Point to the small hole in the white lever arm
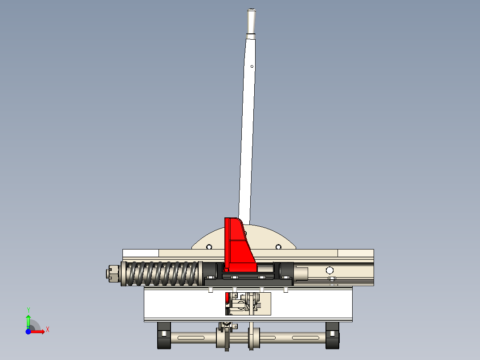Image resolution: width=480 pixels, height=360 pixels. click(252, 66)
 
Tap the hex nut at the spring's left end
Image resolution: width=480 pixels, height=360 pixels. click(112, 273)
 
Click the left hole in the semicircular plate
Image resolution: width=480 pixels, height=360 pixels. click(209, 247)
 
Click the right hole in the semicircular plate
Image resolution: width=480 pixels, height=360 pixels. click(278, 247)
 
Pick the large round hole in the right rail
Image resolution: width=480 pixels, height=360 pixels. click(329, 270)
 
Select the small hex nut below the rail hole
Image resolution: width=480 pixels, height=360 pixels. click(331, 279)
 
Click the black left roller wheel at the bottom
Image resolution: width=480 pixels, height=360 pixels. click(163, 335)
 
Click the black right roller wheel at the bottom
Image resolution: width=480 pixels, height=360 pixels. click(332, 335)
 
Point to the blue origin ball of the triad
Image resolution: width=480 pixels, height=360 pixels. click(28, 331)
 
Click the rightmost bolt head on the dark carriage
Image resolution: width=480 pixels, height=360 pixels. click(285, 277)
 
